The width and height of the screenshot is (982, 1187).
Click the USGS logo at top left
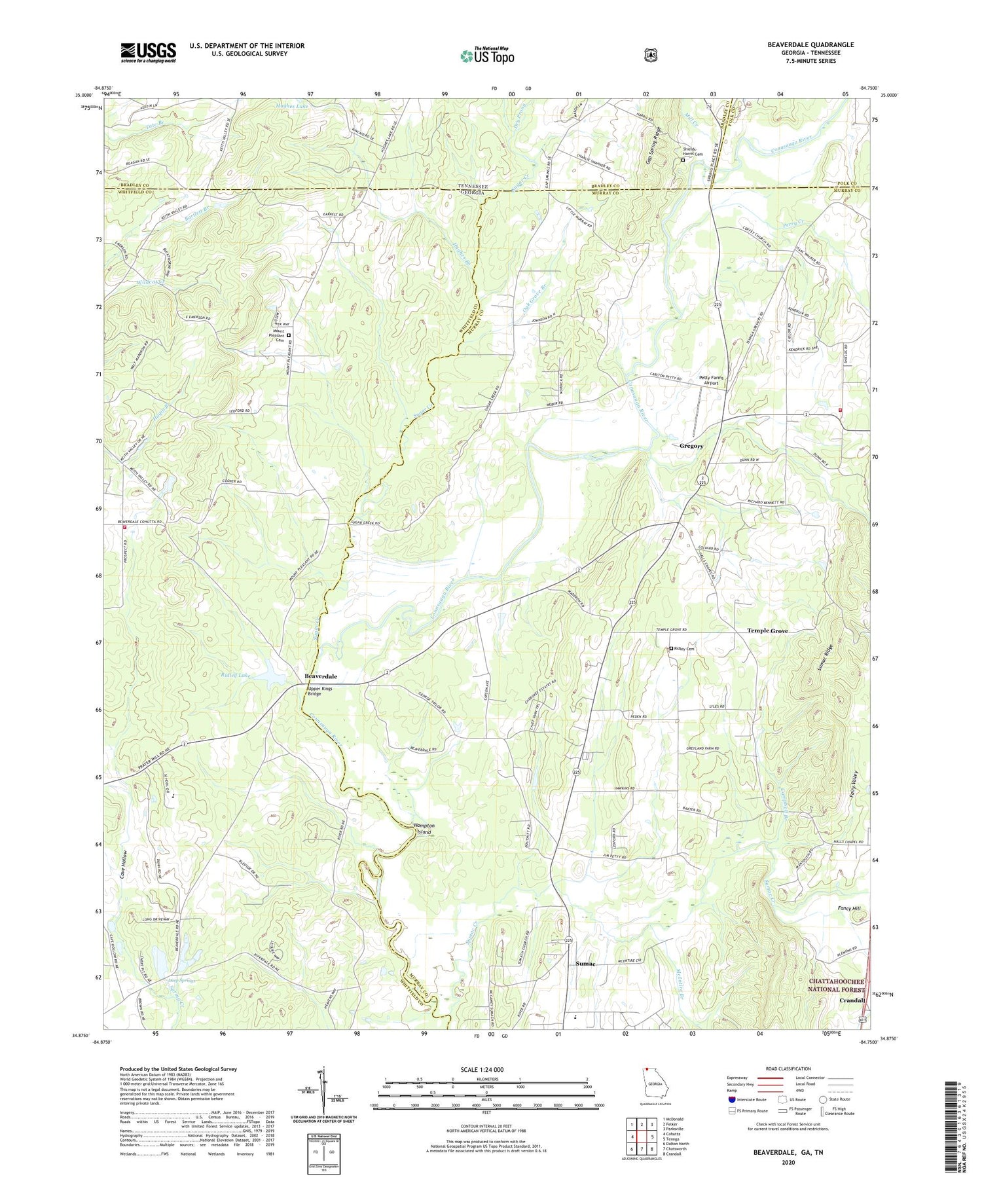coord(148,52)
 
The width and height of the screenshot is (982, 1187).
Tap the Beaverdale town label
coord(321,676)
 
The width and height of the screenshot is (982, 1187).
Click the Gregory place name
coord(691,446)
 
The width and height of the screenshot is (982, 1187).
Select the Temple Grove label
coord(767,630)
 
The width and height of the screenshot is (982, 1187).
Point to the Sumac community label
coord(585,964)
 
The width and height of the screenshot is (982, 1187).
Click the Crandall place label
coord(854,1000)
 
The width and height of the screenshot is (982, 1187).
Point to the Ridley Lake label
coord(236,675)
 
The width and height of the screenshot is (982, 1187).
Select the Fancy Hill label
coord(851,908)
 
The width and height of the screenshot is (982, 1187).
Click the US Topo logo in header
coord(487,56)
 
